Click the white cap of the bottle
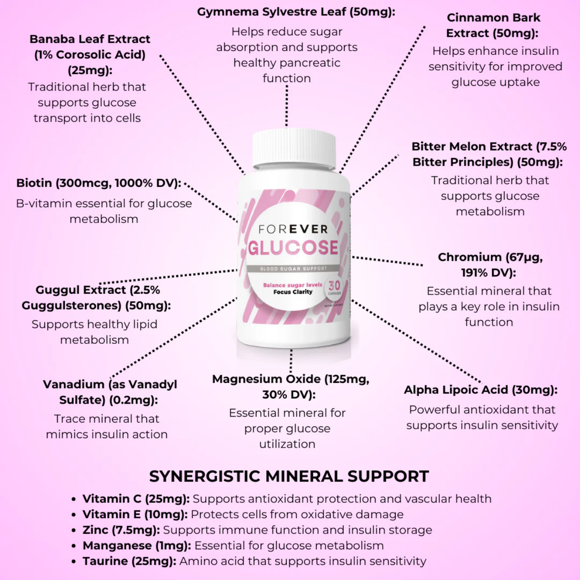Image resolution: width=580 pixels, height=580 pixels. [x=294, y=148]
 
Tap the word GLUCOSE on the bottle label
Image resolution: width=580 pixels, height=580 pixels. [x=293, y=248]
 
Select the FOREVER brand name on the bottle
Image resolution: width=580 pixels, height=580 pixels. [x=293, y=229]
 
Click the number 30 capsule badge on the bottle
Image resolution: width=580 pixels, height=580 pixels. [x=334, y=286]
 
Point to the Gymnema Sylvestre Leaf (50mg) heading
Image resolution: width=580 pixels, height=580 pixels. [x=296, y=12]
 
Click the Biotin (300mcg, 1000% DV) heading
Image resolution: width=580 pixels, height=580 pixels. [x=99, y=183]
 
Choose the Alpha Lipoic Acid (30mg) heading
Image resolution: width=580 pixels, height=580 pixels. [x=480, y=390]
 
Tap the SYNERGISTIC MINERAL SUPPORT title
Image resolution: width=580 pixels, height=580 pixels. [x=289, y=476]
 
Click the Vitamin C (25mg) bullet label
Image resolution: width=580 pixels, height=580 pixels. [x=136, y=499]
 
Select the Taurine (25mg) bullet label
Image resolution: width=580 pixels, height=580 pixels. [x=129, y=561]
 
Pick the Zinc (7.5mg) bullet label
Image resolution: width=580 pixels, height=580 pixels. [x=121, y=530]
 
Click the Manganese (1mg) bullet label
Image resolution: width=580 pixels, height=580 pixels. [x=137, y=545]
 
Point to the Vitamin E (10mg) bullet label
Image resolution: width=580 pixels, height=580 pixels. [x=135, y=514]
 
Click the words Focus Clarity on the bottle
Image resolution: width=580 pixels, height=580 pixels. [x=293, y=292]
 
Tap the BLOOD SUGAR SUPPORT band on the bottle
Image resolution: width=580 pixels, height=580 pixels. [x=293, y=269]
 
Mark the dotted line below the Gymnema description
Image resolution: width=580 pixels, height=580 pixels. [x=287, y=105]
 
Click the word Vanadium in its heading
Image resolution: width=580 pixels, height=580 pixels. [x=74, y=384]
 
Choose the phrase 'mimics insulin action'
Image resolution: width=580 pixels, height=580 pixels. [x=107, y=434]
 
